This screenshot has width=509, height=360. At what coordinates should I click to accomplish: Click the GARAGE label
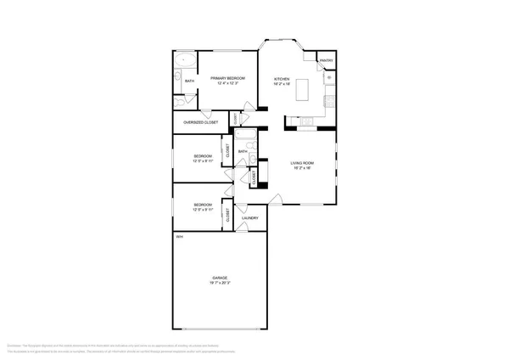pyautogui.click(x=220, y=278)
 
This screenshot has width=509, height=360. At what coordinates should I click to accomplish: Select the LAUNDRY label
pyautogui.click(x=249, y=218)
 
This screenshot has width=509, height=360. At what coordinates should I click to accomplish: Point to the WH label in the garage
pyautogui.click(x=179, y=237)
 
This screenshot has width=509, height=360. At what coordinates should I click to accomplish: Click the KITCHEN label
pyautogui.click(x=282, y=79)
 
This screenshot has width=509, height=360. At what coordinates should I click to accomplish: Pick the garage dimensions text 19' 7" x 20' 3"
pyautogui.click(x=220, y=284)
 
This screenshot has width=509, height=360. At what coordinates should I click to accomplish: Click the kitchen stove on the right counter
pyautogui.click(x=329, y=103)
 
